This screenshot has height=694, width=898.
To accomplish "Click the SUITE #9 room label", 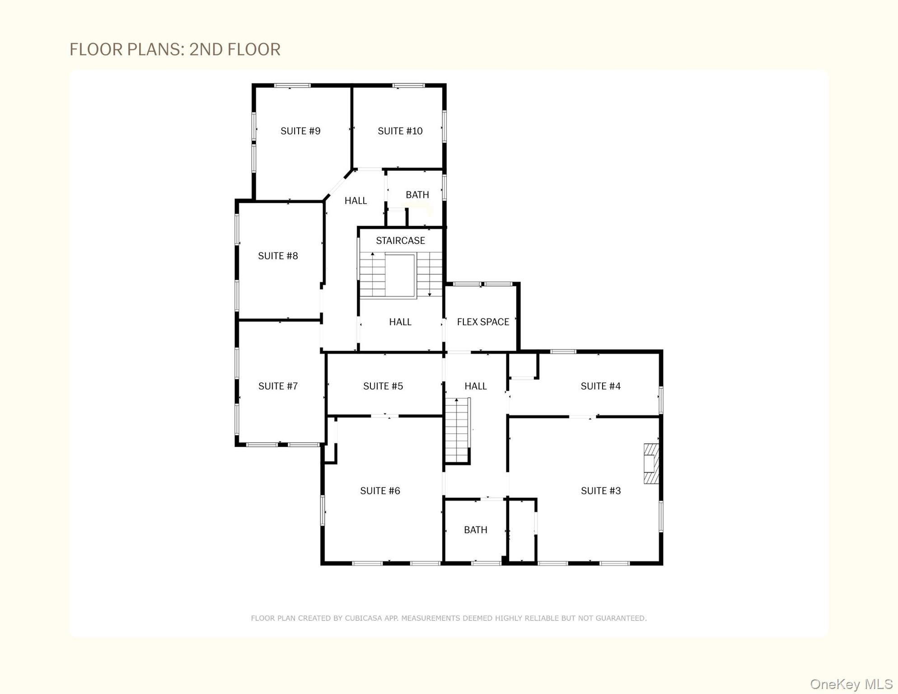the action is [x=300, y=131].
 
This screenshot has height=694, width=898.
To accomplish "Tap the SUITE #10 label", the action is [x=400, y=131].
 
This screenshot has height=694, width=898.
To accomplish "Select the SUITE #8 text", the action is [x=278, y=256].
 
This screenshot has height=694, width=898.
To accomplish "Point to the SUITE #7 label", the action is [x=278, y=386].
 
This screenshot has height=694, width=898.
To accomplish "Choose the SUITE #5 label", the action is [x=383, y=386].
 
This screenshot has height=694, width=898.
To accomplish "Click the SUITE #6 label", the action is [x=380, y=491].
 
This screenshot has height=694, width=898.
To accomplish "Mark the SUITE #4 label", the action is [x=600, y=386].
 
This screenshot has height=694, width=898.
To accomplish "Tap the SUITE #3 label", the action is [x=601, y=491].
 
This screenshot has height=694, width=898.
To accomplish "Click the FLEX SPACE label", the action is [x=483, y=322].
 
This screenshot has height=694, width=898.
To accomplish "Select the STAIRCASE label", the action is [x=400, y=241].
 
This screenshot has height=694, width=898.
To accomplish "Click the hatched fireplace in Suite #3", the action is [x=651, y=464].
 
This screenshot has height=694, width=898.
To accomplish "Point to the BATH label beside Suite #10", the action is [x=417, y=195].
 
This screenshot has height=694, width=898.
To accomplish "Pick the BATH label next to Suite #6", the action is [x=476, y=530].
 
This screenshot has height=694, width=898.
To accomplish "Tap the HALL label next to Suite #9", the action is [x=355, y=201].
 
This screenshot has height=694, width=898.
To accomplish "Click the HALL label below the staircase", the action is [x=400, y=322].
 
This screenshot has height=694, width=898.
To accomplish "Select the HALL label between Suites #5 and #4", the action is [x=476, y=386].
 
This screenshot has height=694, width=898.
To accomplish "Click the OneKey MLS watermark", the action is [x=851, y=684].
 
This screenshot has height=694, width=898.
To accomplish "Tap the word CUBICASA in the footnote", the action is [x=363, y=618].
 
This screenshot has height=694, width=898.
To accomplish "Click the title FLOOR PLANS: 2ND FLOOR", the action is [x=175, y=49].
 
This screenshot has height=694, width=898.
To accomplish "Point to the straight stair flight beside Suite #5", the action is [x=457, y=430].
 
